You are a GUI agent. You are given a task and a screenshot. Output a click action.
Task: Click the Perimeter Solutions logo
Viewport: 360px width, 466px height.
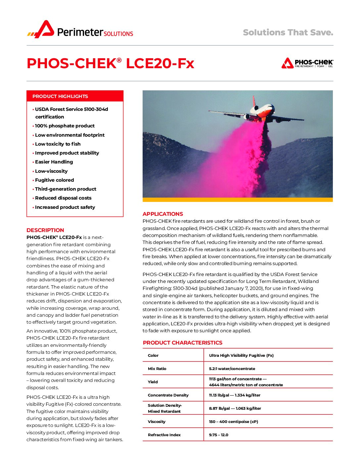[x=80, y=30]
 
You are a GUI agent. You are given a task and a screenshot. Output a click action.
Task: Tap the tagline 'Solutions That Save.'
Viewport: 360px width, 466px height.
[x=288, y=32]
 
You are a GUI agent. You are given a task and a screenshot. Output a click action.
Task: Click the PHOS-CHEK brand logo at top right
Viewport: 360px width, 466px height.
[x=307, y=63]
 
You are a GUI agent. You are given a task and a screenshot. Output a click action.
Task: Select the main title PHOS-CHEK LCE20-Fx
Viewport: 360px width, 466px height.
[x=110, y=63]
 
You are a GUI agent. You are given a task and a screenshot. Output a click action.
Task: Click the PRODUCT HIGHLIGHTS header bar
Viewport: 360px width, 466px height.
[x=75, y=96]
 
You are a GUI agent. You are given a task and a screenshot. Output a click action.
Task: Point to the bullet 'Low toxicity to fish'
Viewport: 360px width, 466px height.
[x=58, y=144]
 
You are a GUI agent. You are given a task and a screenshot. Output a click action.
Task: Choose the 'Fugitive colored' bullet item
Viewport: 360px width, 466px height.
[x=55, y=180]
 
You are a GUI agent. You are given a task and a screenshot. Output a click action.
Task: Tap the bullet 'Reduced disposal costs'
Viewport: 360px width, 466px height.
[x=63, y=198]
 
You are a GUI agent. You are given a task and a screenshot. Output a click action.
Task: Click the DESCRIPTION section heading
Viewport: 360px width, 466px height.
[x=45, y=230]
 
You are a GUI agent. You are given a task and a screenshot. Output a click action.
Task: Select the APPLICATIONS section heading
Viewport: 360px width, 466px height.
[x=163, y=214]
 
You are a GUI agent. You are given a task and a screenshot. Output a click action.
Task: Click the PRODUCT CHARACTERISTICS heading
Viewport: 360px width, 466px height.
[x=183, y=343]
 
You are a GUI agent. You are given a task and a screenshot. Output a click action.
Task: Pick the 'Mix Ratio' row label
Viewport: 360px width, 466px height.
[x=157, y=369]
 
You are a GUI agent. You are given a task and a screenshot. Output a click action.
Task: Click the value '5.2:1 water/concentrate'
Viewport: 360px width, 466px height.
[x=232, y=369]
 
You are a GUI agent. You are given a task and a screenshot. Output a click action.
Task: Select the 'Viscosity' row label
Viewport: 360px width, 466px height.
[x=157, y=422]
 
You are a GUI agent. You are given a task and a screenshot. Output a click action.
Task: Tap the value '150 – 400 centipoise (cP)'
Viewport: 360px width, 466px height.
[x=234, y=422]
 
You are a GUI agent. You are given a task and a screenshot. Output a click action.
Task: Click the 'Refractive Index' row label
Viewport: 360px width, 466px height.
[x=164, y=435]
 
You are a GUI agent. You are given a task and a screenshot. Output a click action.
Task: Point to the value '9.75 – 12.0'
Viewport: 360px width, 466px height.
[x=219, y=435]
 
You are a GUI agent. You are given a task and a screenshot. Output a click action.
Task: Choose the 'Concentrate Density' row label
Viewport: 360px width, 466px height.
[x=168, y=395]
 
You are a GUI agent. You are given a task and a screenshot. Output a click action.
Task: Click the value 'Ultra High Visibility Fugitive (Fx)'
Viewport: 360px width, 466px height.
[x=241, y=355]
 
